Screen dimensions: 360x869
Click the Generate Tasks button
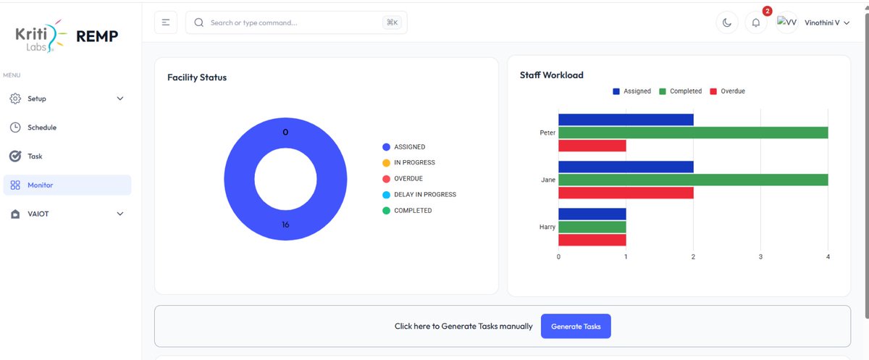coord(576,327)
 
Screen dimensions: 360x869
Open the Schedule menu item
coord(41,127)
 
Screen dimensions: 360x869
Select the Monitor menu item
coord(41,185)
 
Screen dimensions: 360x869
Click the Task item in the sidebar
coord(35,156)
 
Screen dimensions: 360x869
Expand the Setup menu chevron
coord(120,99)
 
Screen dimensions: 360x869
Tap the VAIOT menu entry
coord(38,214)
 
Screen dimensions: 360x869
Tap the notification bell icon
coord(756,22)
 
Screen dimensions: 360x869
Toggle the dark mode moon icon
coord(726,22)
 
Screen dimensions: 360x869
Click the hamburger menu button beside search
coord(166,22)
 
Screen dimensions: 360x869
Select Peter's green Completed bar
coord(693,133)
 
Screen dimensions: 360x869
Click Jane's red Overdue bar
coord(626,193)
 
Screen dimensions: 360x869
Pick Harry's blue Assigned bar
coord(592,214)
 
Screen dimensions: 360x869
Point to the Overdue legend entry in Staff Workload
coord(727,91)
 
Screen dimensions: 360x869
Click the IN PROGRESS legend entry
coord(413,163)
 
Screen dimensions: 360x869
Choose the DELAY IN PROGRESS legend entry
coord(424,195)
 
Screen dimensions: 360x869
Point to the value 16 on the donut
coord(285,225)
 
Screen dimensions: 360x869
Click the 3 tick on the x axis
coord(760,257)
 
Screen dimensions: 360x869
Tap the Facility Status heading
coord(197,78)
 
